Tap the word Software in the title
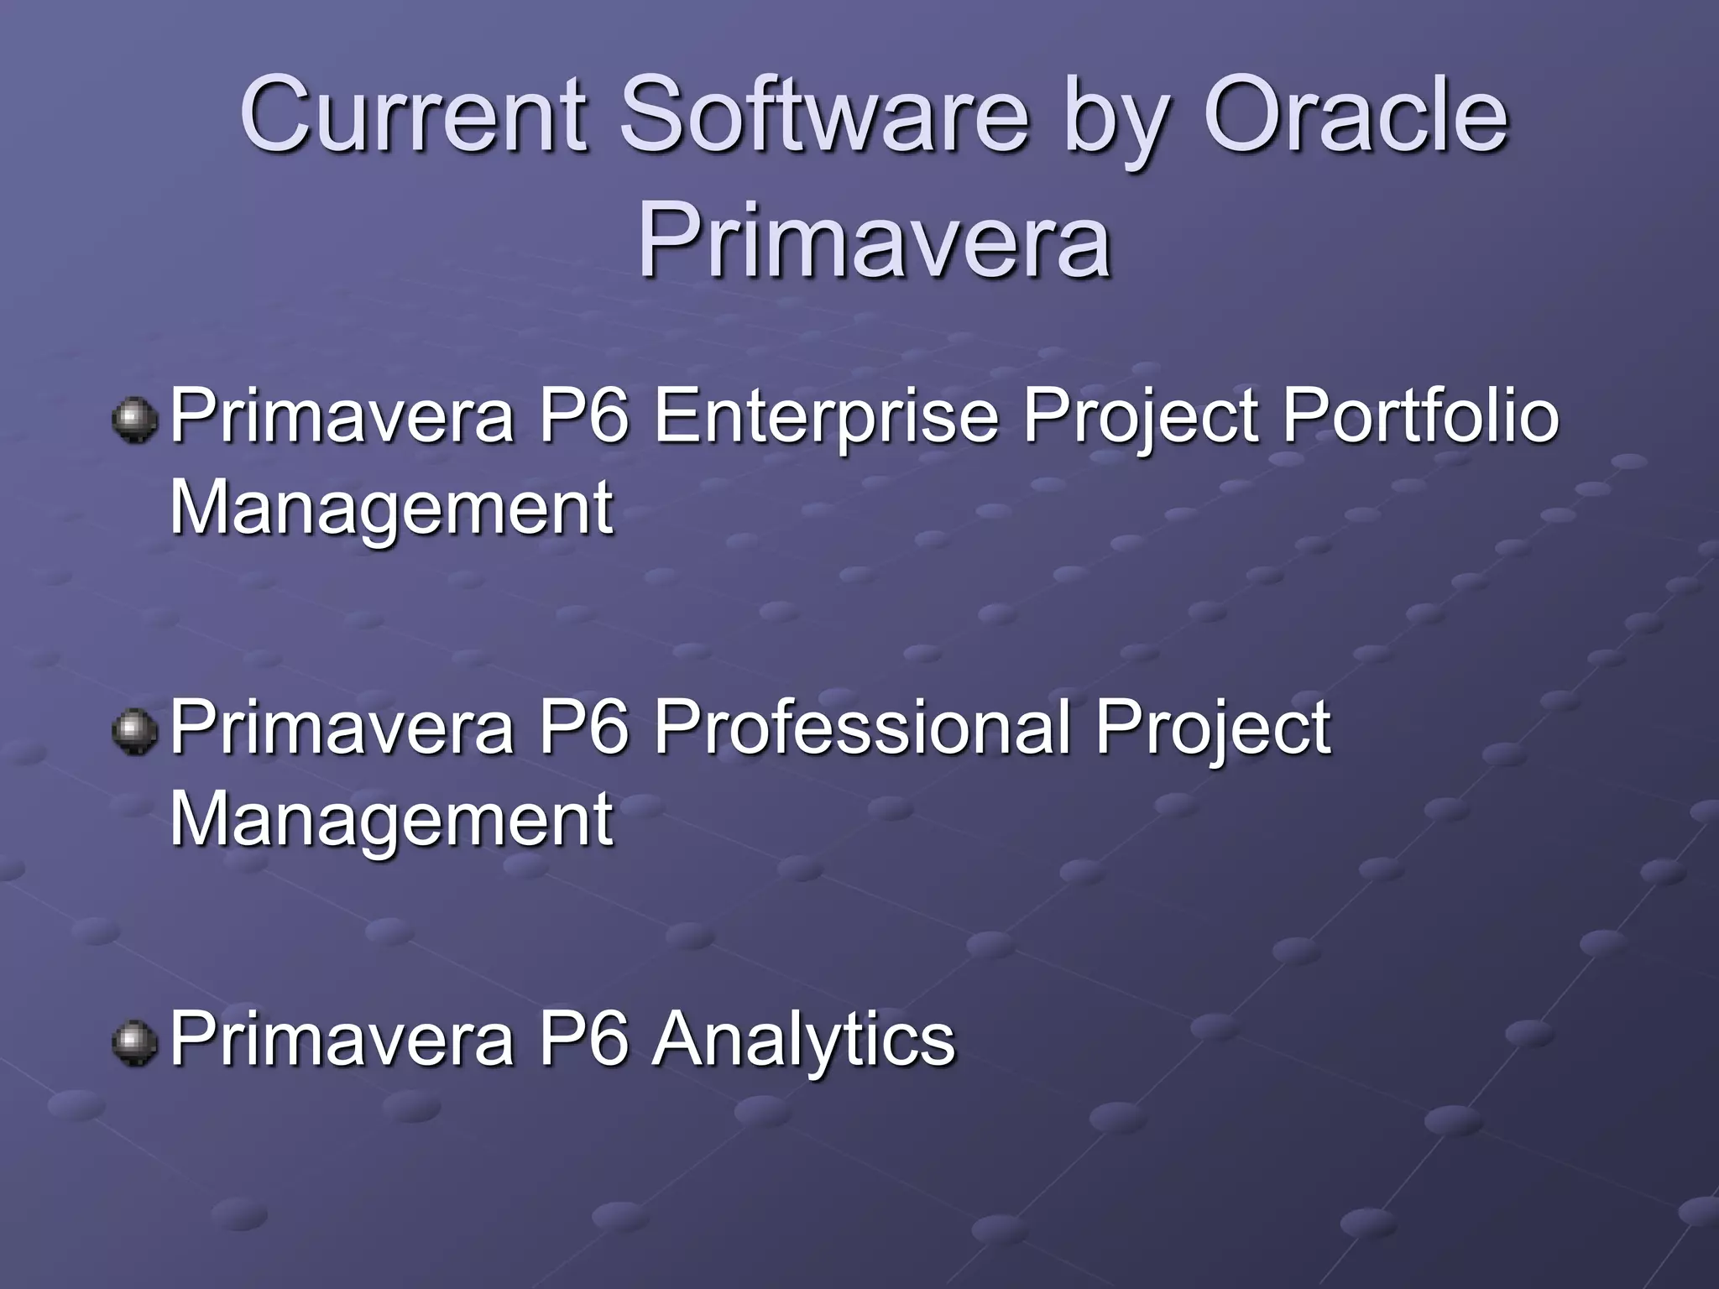(823, 115)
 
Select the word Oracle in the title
(1356, 115)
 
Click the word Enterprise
(826, 417)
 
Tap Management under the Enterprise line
(391, 509)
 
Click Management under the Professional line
(391, 820)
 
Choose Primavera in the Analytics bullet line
(342, 1038)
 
